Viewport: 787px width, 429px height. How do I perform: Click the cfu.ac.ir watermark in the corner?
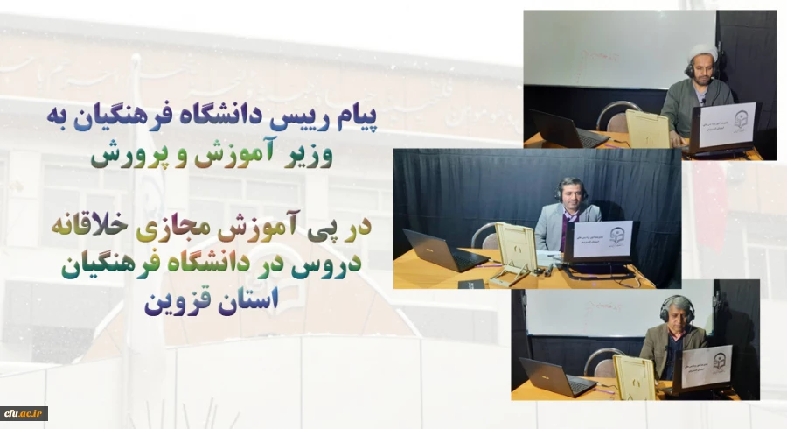pos(24,413)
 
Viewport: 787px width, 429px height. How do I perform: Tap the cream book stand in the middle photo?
pos(516,249)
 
